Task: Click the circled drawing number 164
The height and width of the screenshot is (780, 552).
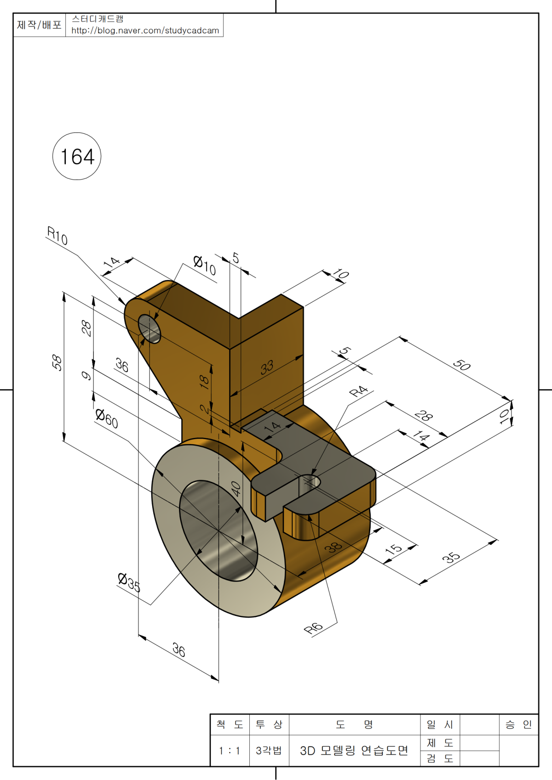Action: coord(77,157)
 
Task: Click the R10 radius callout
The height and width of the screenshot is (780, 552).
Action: coord(57,236)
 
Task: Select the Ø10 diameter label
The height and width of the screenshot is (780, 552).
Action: coord(204,265)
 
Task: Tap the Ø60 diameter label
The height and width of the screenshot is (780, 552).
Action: coord(107,418)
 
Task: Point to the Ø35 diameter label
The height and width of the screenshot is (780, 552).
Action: coord(129,582)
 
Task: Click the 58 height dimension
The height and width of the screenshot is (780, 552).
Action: coord(57,362)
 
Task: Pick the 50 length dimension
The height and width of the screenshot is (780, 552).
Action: coord(461,365)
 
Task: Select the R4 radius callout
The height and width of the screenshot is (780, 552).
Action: coord(359,391)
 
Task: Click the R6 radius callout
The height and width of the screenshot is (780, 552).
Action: coord(314,628)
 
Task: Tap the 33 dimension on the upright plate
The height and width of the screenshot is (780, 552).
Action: coord(267,367)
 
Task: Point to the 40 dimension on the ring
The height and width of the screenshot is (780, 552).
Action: coord(236,488)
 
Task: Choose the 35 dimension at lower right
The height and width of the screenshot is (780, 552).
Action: coord(451,558)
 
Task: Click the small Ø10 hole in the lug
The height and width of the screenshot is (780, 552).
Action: coord(149,329)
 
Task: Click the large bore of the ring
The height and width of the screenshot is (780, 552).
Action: coord(218,531)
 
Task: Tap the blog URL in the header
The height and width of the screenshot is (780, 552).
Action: coord(145,31)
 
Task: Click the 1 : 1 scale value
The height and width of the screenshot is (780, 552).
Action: coord(230,751)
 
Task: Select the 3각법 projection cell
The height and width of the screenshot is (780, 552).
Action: coord(269,751)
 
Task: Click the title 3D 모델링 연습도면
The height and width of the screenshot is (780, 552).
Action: coord(354,751)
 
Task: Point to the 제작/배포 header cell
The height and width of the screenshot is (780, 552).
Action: coord(39,25)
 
